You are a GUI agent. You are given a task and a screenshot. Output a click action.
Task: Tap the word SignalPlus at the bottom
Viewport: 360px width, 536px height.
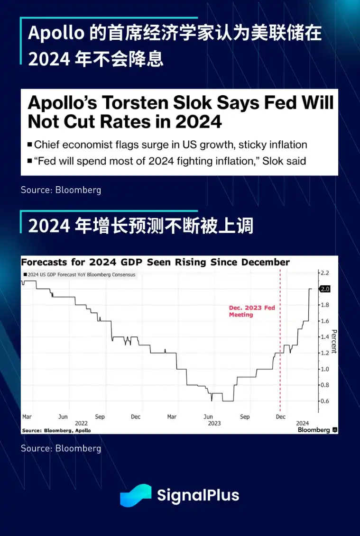[198, 496]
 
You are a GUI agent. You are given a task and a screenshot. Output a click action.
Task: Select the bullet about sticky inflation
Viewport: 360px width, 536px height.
[171, 145]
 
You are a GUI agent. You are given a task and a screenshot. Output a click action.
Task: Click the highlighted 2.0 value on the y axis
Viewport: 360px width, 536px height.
[325, 289]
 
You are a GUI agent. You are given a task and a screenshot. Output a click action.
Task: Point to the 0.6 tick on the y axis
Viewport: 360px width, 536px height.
[324, 401]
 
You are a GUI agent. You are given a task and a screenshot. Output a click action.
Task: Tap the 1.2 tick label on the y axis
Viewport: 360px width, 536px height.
[324, 353]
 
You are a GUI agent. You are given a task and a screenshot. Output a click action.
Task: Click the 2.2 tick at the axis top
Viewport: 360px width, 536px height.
[324, 273]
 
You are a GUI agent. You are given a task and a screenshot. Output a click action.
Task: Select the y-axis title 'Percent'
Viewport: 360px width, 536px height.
[333, 341]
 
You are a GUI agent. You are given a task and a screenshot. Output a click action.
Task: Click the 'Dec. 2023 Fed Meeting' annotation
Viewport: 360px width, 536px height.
[251, 311]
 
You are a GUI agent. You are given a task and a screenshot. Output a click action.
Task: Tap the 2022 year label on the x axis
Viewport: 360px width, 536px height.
[81, 423]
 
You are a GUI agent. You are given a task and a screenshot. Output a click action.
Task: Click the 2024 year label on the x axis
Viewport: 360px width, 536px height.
[302, 423]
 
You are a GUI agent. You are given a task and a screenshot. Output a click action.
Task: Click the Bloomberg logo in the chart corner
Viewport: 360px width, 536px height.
[317, 430]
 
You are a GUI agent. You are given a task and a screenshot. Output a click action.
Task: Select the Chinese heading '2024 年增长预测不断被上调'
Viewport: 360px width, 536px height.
[140, 226]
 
